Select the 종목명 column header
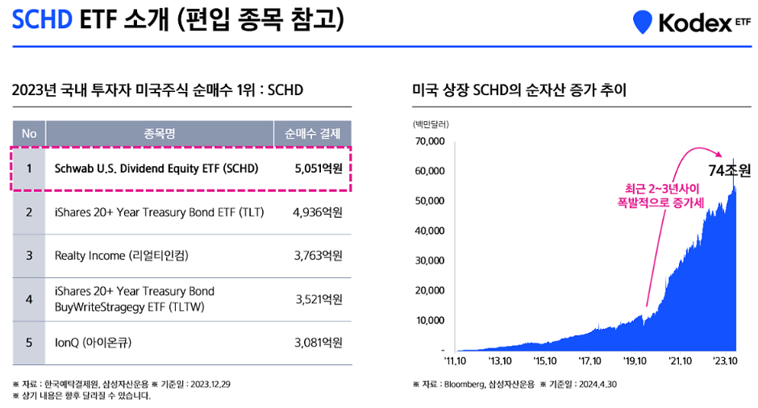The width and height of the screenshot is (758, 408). click(x=160, y=133)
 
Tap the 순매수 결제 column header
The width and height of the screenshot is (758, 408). click(x=313, y=133)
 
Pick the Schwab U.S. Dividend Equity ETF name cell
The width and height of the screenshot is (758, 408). click(x=156, y=169)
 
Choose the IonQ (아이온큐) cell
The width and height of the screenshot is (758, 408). click(x=93, y=342)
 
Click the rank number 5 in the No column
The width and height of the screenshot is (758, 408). click(x=29, y=342)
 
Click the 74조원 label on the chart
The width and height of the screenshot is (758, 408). click(x=729, y=171)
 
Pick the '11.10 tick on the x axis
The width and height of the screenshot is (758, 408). click(x=456, y=362)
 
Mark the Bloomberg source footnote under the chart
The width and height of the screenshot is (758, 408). click(x=514, y=385)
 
